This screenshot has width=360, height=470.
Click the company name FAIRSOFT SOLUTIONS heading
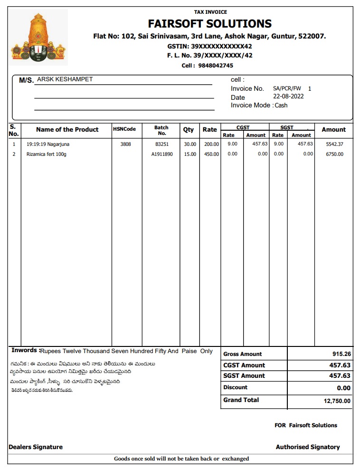tap(209, 24)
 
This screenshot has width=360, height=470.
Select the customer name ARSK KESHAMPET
tap(65, 79)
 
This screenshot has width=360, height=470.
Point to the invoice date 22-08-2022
tap(288, 96)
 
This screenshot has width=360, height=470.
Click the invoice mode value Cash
tap(281, 105)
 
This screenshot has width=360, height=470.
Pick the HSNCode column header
tap(124, 129)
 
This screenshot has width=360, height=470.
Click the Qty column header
tap(189, 130)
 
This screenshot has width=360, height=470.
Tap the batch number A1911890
tap(162, 154)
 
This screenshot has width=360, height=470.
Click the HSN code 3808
tap(125, 144)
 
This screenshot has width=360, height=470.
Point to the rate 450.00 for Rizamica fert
tap(211, 154)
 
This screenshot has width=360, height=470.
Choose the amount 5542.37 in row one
tap(334, 144)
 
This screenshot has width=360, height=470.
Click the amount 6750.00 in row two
tap(334, 154)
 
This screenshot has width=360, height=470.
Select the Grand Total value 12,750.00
tap(337, 401)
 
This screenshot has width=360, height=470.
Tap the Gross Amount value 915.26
tap(341, 354)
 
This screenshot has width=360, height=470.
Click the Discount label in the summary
tap(236, 387)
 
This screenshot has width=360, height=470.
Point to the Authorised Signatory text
tap(308, 447)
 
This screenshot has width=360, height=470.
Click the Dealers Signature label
tap(36, 447)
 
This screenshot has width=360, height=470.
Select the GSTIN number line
tap(209, 47)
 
